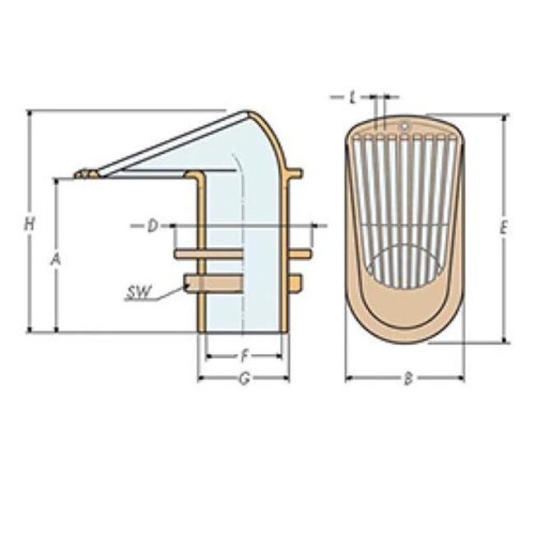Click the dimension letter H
[29, 223]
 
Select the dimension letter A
[55, 259]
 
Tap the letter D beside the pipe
[152, 226]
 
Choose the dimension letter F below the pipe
[244, 357]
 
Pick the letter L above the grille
[352, 97]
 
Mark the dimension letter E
[504, 229]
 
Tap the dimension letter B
[407, 379]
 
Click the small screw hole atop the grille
[404, 126]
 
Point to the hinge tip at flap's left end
[81, 174]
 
